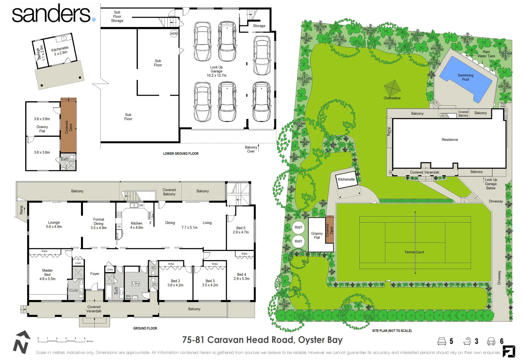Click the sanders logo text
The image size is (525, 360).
pyautogui.click(x=51, y=14)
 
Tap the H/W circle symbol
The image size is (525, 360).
pyautogui.click(x=174, y=34)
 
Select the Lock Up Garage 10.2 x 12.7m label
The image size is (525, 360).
pyautogui.click(x=216, y=71)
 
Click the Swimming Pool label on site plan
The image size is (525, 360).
pyautogui.click(x=465, y=77)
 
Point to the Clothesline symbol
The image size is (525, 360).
pyautogui.click(x=392, y=88)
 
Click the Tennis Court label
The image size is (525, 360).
pyautogui.click(x=414, y=252)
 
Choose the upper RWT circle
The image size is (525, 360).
pyautogui.click(x=298, y=228)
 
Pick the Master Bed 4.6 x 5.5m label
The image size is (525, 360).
pyautogui.click(x=47, y=275)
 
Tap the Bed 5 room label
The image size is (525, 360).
pyautogui.click(x=241, y=230)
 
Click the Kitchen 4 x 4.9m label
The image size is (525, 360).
pyautogui.click(x=136, y=225)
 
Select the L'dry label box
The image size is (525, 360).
pyautogui.click(x=136, y=284)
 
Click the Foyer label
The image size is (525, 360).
pyautogui.click(x=95, y=274)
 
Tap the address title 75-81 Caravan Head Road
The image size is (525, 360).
pyautogui.click(x=262, y=340)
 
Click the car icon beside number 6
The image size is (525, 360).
pyautogui.click(x=491, y=341)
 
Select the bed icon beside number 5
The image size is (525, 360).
pyautogui.click(x=442, y=341)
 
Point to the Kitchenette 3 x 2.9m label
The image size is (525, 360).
pyautogui.click(x=60, y=51)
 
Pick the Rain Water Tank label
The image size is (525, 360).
pyautogui.click(x=486, y=54)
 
